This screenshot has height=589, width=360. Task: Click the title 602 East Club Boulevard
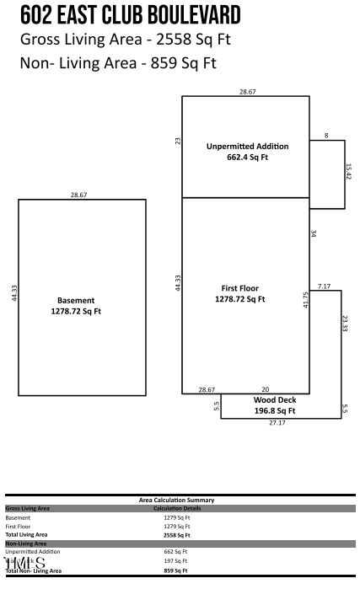[x=130, y=15]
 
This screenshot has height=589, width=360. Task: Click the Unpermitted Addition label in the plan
[x=247, y=146]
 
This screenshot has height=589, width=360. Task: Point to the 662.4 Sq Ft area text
[x=247, y=157]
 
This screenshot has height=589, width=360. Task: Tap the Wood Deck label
[x=275, y=399]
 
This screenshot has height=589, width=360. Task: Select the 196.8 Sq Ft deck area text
[x=275, y=410]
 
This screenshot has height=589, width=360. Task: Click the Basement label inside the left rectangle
[x=76, y=300]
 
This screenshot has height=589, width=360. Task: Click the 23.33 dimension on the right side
[x=345, y=323]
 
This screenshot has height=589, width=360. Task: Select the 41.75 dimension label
[x=305, y=299]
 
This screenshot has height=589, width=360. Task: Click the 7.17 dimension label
[x=325, y=286]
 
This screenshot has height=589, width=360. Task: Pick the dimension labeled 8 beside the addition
[x=326, y=135]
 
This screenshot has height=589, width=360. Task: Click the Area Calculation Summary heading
[x=176, y=501]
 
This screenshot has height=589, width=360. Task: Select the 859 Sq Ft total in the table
[x=176, y=570]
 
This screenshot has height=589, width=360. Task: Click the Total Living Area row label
[x=27, y=534]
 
